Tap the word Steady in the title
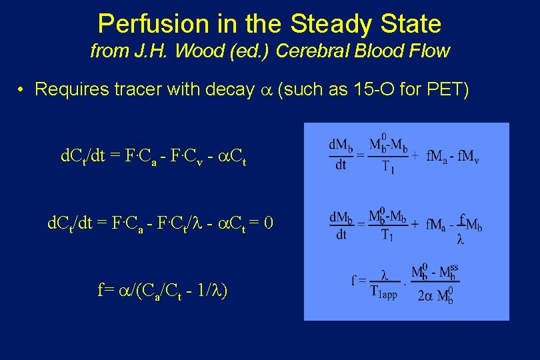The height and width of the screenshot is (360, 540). pyautogui.click(x=331, y=24)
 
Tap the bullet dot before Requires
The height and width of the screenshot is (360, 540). pyautogui.click(x=22, y=89)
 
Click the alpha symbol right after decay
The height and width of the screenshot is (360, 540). pyautogui.click(x=265, y=91)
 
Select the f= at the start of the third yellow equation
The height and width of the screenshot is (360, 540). pyautogui.click(x=105, y=290)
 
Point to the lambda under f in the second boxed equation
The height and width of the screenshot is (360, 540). pyautogui.click(x=461, y=239)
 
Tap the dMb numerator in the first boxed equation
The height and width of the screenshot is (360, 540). pyautogui.click(x=341, y=144)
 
